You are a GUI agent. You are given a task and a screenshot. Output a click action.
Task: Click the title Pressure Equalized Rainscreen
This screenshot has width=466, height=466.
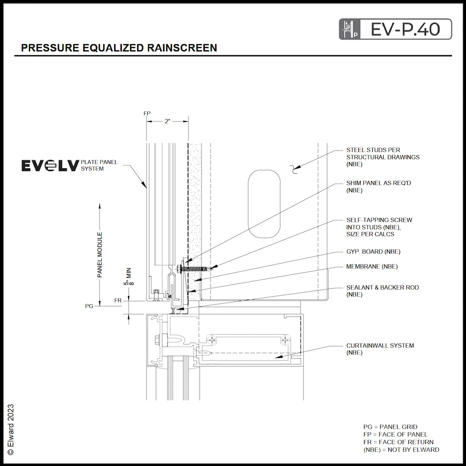tap(119, 48)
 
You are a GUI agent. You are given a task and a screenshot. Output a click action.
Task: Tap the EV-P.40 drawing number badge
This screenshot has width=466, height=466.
tap(395, 29)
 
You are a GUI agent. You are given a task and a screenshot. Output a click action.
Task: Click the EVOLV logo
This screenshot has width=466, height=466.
tap(50, 166)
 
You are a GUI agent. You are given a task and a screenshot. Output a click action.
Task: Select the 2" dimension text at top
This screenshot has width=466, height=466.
tap(167, 121)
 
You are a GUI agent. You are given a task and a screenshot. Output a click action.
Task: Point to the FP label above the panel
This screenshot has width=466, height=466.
tap(147, 113)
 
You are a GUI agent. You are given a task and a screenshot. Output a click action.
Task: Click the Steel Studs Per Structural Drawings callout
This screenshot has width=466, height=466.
tap(383, 157)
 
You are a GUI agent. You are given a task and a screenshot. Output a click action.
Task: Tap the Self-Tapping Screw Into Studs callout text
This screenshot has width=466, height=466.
tap(379, 227)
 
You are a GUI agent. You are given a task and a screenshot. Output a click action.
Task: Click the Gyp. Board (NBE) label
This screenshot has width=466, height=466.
tap(373, 251)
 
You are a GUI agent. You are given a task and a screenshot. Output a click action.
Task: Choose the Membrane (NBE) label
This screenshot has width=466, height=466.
tap(372, 266)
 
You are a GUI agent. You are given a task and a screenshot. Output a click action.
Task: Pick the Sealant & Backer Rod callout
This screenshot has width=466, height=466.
tap(382, 290)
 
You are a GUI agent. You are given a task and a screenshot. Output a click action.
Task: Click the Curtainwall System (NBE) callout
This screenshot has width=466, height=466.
tap(380, 349)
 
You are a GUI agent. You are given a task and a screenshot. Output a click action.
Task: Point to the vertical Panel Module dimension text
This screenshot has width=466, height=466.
tap(100, 255)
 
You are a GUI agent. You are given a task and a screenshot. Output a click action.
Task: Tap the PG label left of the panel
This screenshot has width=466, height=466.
tap(89, 306)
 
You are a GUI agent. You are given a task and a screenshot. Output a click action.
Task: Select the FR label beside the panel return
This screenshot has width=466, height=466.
tap(117, 300)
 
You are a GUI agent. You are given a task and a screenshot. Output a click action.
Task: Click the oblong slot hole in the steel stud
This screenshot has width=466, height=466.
tap(264, 203)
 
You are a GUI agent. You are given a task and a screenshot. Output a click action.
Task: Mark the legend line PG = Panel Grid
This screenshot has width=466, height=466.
tap(390, 427)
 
